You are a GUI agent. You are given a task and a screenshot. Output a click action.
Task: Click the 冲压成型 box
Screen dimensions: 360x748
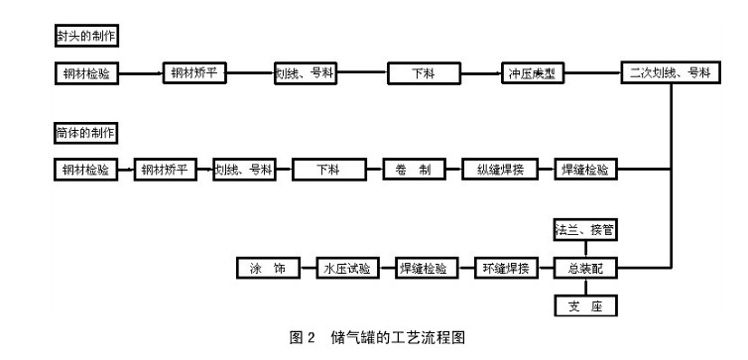coord(535,73)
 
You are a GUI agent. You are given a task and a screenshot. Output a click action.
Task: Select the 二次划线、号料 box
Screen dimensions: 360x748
coord(670,73)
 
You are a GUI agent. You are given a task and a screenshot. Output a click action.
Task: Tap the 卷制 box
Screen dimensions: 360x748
coord(412,169)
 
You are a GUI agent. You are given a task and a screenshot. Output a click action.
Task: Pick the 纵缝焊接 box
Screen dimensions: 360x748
coord(500,169)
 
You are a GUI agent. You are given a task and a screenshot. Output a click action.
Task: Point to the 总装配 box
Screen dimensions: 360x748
coord(583,268)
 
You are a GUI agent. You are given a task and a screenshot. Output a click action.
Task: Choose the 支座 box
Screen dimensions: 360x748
coord(583,305)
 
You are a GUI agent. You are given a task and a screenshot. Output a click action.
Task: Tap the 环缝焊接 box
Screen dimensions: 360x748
coord(506,268)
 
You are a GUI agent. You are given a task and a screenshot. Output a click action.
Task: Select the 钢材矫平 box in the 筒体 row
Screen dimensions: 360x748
coord(165,169)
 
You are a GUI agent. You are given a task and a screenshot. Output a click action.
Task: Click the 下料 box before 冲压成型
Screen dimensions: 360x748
coord(421,73)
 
